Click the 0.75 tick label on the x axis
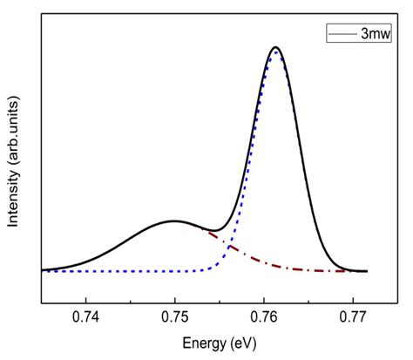175,317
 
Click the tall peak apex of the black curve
275,47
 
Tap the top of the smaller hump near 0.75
173,221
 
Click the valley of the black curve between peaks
212,231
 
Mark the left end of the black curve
42,270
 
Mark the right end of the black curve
367,271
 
